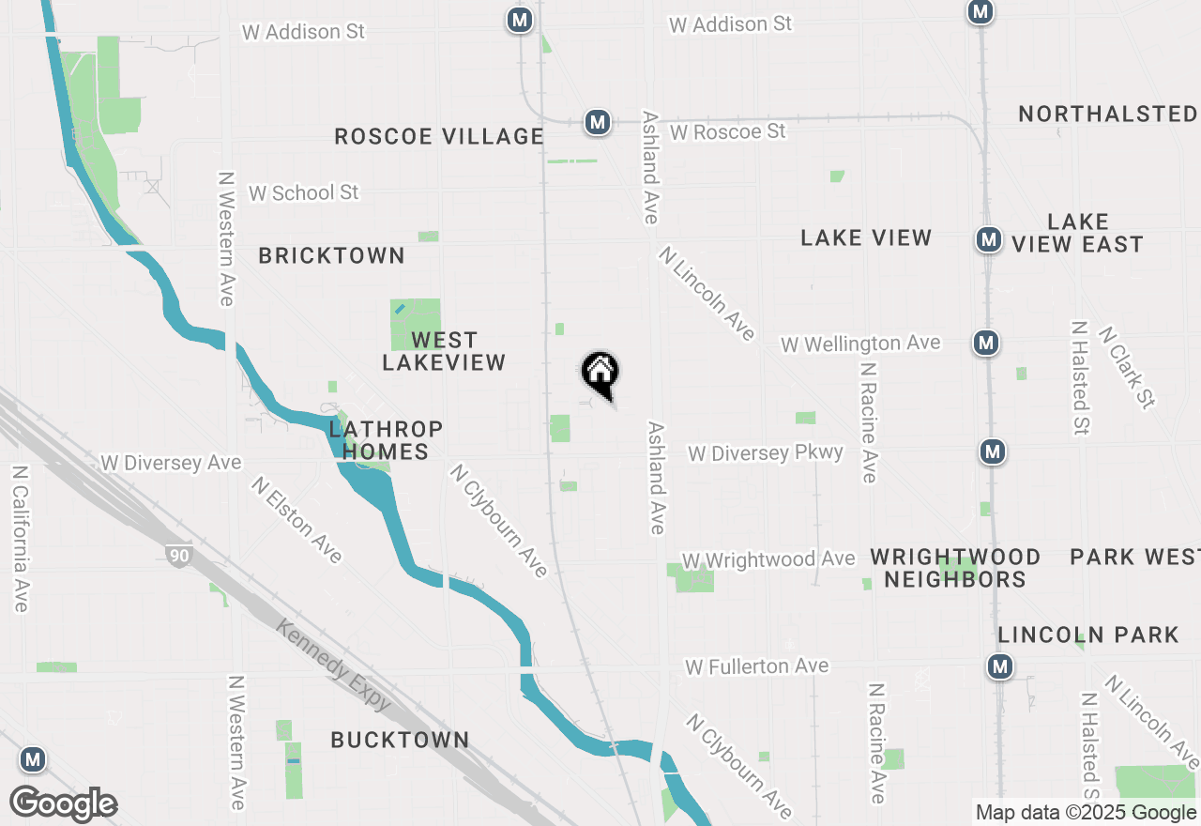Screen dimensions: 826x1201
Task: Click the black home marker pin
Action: [x=600, y=374]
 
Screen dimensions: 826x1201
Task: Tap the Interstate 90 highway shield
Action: [x=177, y=556]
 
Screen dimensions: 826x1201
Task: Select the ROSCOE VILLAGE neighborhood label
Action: [x=439, y=137]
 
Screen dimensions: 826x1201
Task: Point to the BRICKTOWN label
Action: [x=331, y=255]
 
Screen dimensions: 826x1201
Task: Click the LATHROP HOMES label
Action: [x=386, y=440]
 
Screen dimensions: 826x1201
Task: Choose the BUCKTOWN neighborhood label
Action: [x=400, y=740]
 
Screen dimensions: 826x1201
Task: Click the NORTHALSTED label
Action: [x=1107, y=115]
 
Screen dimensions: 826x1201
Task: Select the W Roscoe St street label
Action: [x=728, y=131]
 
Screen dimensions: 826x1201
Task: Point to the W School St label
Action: [x=303, y=192]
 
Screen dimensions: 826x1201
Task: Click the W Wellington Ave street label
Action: [x=860, y=344]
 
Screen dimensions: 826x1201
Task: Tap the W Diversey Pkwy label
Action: [x=766, y=453]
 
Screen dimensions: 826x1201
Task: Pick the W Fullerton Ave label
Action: [x=757, y=666]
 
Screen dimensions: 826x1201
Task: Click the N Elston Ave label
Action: [x=296, y=519]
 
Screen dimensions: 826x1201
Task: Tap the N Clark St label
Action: [x=1126, y=367]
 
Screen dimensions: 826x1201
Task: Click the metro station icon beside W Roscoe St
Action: [x=597, y=122]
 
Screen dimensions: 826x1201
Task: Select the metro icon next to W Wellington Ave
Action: [x=985, y=344]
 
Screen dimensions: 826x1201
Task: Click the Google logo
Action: [x=63, y=804]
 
